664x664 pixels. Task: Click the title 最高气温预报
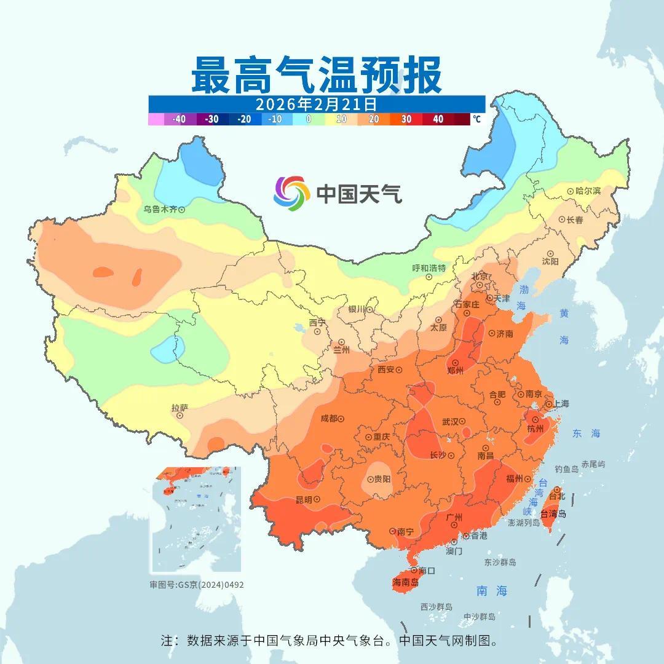[x=316, y=74]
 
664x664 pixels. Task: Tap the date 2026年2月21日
[x=316, y=103]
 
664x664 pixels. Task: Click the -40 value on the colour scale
[x=180, y=119]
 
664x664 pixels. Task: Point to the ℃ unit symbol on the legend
[x=477, y=119]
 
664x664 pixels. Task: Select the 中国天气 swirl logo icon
[x=291, y=193]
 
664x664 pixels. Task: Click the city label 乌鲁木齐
[x=160, y=209]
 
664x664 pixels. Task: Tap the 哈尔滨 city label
[x=587, y=191]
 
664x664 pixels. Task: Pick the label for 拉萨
[x=180, y=408]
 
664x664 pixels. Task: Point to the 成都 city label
[x=329, y=418]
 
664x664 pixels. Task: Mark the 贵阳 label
[x=382, y=479]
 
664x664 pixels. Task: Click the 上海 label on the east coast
[x=561, y=404]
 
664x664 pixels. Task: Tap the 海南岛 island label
[x=405, y=582]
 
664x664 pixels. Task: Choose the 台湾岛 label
[x=553, y=514]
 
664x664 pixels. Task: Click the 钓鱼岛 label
[x=566, y=469]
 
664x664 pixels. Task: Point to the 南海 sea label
[x=492, y=591]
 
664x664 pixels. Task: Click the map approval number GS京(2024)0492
[x=197, y=585]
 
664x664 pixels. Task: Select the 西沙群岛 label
[x=436, y=607]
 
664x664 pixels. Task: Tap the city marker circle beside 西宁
[x=317, y=331]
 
